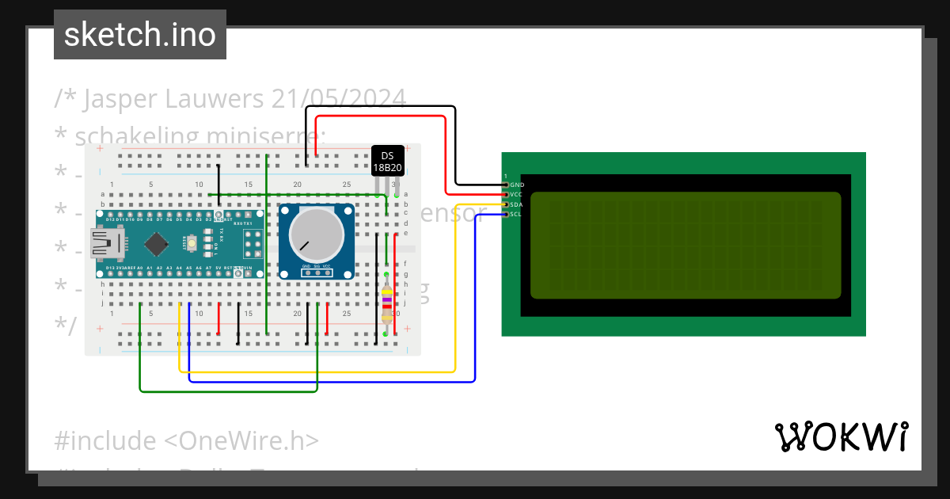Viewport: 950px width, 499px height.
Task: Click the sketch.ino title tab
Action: [x=140, y=35]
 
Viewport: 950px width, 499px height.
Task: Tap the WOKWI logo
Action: [x=841, y=436]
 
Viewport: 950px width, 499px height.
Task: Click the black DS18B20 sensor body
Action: [x=387, y=161]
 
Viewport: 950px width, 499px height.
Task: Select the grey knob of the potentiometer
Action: [x=316, y=235]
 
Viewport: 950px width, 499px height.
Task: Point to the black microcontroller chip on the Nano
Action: [x=157, y=243]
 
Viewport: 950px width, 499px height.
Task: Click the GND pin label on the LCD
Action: [x=517, y=185]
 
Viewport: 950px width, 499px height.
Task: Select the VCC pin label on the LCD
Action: [x=517, y=194]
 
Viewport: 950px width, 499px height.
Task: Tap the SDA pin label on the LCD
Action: [x=517, y=204]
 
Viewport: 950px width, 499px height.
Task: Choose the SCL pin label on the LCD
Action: [x=517, y=214]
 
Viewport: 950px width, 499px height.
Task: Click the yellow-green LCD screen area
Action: [x=685, y=245]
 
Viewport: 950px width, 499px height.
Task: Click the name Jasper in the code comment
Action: [x=120, y=99]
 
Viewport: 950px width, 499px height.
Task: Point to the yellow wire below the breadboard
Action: [x=317, y=371]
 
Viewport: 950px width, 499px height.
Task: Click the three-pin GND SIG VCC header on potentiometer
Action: [x=315, y=272]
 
